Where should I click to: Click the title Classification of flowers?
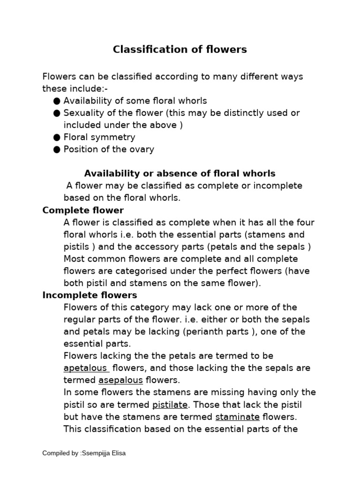(180, 49)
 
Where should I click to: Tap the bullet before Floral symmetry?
(57, 137)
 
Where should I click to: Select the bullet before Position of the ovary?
(57, 150)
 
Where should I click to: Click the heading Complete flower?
(83, 210)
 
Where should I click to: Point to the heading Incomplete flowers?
(90, 295)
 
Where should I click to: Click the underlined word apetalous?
(85, 368)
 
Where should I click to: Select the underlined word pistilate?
(170, 405)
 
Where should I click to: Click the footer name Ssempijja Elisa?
(104, 453)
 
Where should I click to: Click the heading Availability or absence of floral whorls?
(180, 173)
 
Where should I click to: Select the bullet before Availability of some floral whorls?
(57, 101)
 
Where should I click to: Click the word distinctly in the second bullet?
(232, 113)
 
